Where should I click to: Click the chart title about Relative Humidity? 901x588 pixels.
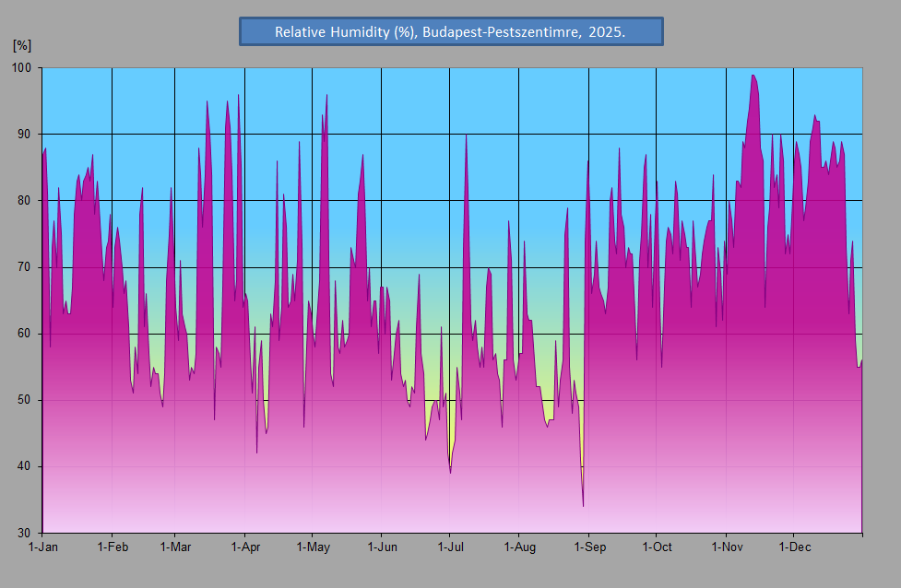click(450, 32)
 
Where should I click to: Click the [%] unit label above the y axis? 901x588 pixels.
click(22, 45)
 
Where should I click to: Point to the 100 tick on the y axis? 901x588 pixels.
click(21, 68)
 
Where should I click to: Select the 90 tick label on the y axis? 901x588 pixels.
click(24, 135)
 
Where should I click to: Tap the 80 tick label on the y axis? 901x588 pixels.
click(24, 200)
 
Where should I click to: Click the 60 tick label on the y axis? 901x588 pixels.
click(24, 334)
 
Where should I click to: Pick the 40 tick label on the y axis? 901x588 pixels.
click(24, 466)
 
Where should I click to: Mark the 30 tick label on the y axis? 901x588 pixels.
click(24, 533)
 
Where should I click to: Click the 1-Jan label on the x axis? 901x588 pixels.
click(43, 547)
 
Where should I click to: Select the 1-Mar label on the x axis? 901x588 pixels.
click(175, 547)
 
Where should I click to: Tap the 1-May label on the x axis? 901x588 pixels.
click(314, 547)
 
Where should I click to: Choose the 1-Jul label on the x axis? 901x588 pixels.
click(450, 547)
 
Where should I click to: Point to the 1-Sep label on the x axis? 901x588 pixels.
click(590, 547)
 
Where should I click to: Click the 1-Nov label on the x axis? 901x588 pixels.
click(727, 547)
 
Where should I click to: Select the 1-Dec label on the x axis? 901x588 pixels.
click(795, 547)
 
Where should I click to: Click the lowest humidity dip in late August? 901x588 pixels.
click(583, 506)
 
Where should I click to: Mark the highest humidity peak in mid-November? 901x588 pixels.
click(753, 76)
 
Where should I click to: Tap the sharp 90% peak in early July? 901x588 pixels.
click(466, 135)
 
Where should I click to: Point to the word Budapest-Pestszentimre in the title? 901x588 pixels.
click(501, 32)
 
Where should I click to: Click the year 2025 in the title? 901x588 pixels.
click(607, 32)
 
